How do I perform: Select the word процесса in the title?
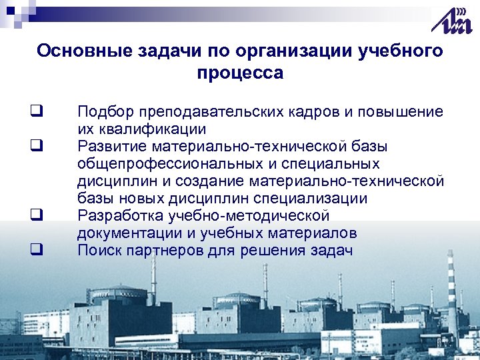pyautogui.click(x=240, y=73)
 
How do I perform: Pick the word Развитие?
pyautogui.click(x=111, y=146)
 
